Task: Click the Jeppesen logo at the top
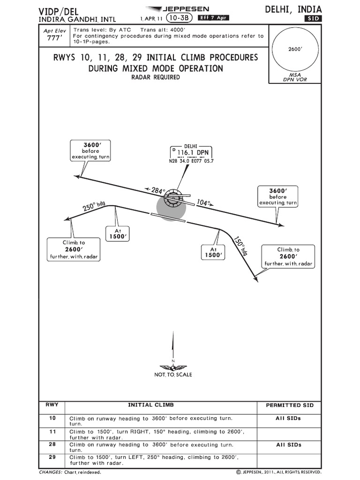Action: (x=178, y=9)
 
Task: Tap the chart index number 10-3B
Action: (x=179, y=18)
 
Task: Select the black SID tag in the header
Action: (x=313, y=18)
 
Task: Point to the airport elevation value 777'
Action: (x=54, y=38)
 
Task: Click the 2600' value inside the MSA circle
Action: (x=295, y=49)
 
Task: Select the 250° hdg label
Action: (x=94, y=206)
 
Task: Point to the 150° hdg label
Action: (x=241, y=245)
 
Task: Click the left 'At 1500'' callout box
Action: (x=118, y=233)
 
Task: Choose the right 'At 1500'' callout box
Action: (x=213, y=252)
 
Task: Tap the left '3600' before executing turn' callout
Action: (x=90, y=150)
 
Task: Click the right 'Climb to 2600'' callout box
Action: (x=288, y=256)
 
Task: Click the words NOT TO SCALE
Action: (x=173, y=375)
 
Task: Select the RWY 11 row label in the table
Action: (x=52, y=432)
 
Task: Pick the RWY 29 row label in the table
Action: (x=52, y=457)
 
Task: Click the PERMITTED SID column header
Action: (x=290, y=405)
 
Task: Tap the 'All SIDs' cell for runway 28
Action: (x=289, y=445)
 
